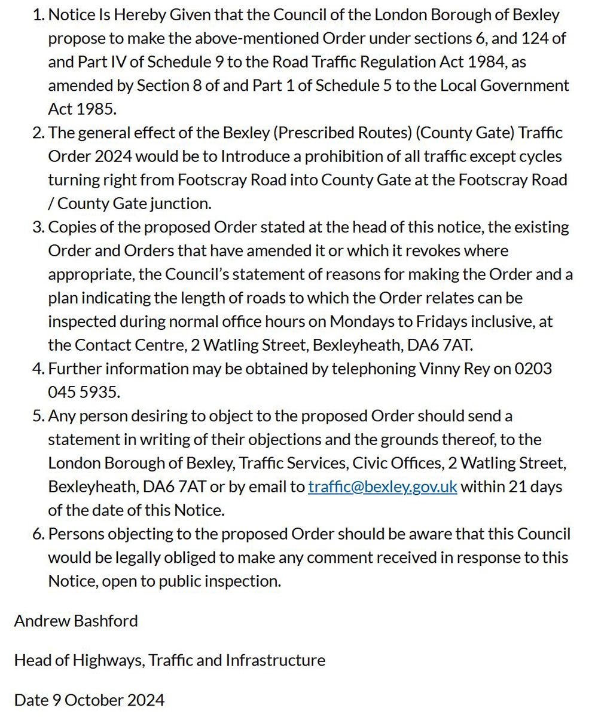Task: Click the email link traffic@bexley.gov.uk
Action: (x=383, y=486)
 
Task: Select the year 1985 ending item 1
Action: (x=96, y=109)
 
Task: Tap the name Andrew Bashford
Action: (x=76, y=621)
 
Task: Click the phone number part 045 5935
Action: (x=84, y=392)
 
